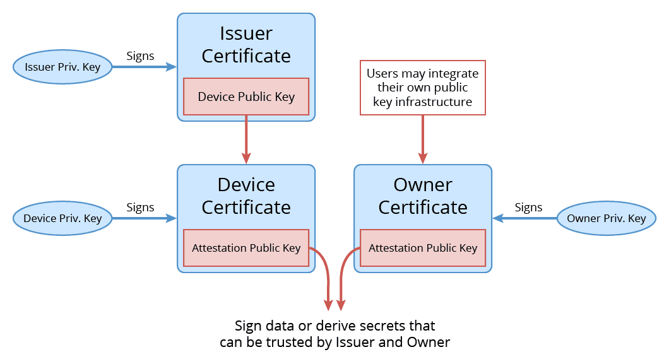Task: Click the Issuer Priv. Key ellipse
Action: coord(62,67)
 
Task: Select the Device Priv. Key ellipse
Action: coord(62,218)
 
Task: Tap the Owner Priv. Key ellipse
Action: coord(607,218)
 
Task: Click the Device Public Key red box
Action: coord(246,97)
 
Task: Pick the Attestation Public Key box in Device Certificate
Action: coord(246,248)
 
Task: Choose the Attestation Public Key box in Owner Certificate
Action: coord(423,248)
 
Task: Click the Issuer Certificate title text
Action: coord(246,44)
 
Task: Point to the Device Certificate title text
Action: coord(246,196)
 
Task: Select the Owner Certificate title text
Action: coord(423,196)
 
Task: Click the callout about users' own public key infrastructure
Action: coord(423,88)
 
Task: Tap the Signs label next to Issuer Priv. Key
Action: coord(140,56)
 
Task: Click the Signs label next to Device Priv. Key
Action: coord(140,208)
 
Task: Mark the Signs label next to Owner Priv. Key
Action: coord(528,208)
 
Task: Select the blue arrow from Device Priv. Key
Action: coord(144,218)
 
